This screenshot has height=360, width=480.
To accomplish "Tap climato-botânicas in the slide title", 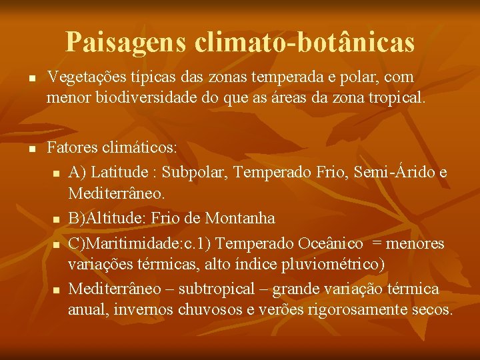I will click(305, 43).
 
